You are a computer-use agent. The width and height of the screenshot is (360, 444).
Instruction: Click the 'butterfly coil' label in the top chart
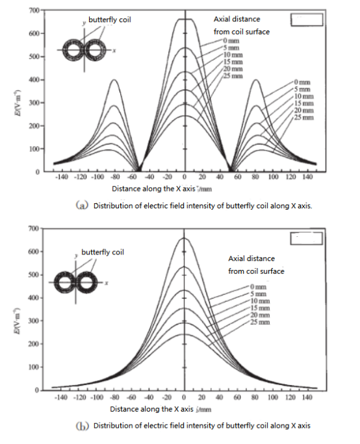click(110, 20)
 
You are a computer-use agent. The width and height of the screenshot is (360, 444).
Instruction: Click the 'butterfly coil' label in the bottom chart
click(102, 252)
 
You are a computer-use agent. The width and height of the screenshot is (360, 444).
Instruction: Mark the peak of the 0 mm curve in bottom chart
click(185, 238)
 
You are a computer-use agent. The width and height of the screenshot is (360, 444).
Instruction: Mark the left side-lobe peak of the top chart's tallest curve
click(114, 80)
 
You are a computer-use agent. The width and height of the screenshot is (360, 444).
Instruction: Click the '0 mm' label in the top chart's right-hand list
click(302, 82)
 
